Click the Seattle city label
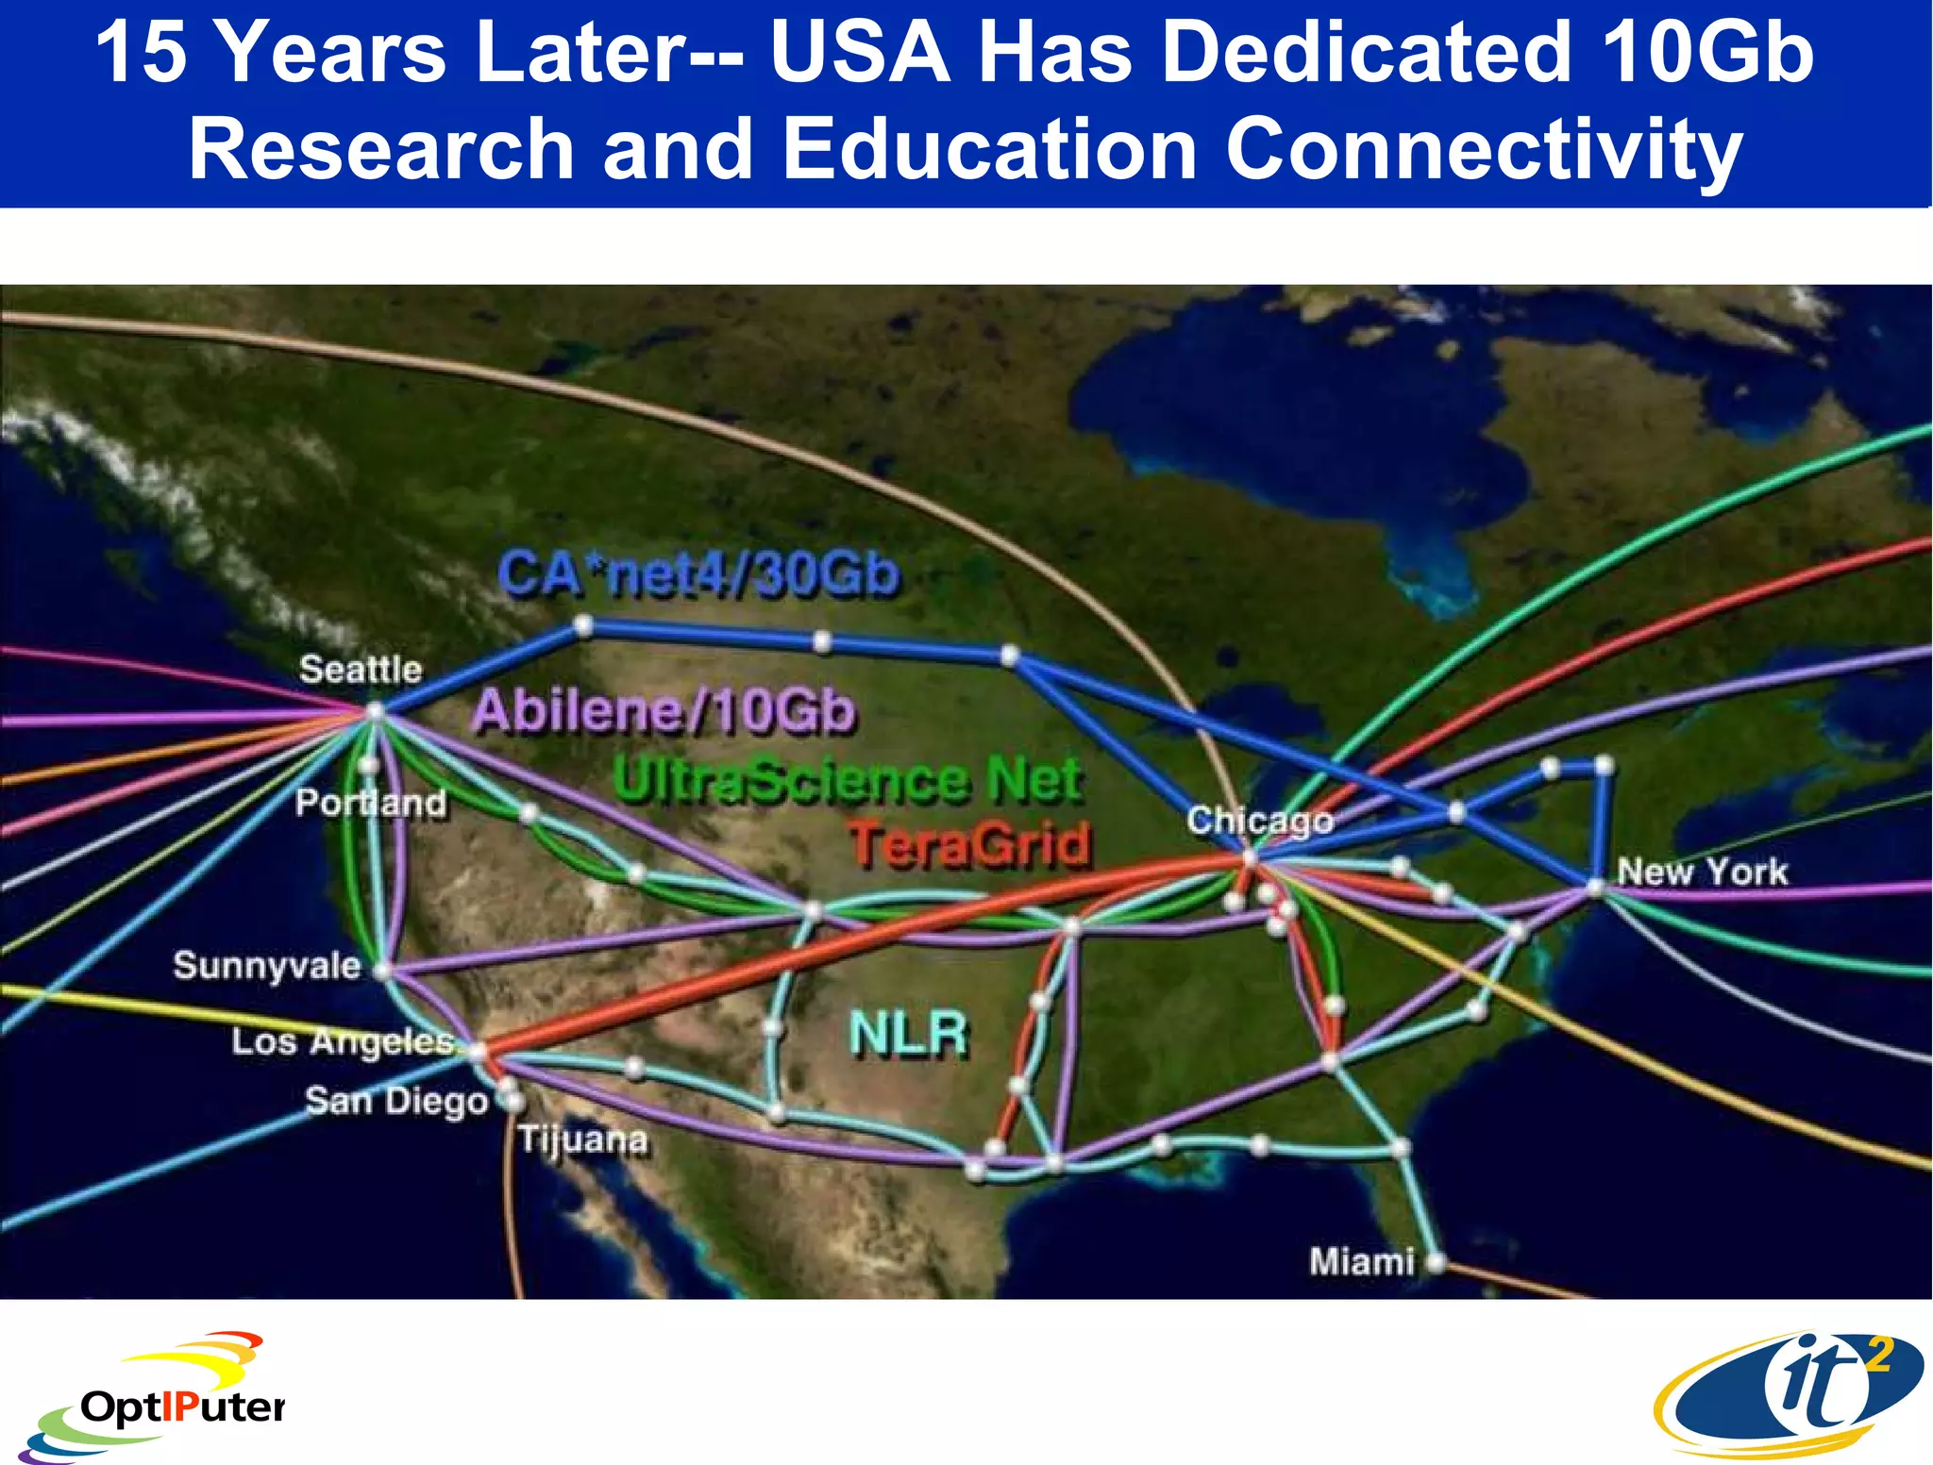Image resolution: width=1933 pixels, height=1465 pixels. pos(360,669)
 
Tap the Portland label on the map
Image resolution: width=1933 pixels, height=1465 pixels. pos(371,803)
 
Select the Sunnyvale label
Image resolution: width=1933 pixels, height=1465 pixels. pos(267,965)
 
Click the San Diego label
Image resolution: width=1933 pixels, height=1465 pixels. pos(396,1101)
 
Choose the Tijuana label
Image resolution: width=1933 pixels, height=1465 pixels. pos(583,1140)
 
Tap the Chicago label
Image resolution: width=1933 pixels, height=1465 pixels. pos(1259,821)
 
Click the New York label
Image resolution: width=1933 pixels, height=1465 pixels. pos(1702,871)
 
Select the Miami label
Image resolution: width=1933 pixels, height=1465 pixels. pos(1361,1261)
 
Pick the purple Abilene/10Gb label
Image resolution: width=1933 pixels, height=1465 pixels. pos(664,710)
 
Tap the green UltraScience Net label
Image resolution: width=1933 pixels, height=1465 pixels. pos(847,780)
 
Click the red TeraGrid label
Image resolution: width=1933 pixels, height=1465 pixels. pos(970,843)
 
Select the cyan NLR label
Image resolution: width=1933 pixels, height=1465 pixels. pos(908,1033)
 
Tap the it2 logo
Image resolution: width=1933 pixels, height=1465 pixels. pos(1790,1393)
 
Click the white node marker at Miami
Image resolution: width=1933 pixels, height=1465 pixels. pos(1436,1262)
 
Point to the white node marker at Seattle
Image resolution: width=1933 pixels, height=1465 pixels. pos(375,711)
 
